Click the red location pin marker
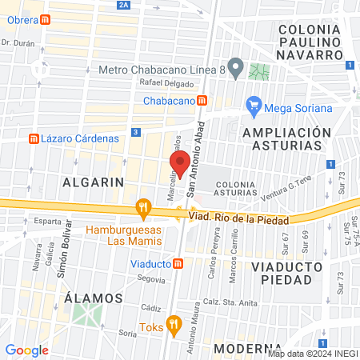point(180,163)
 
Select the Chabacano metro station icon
point(203,101)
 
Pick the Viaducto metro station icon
point(179,263)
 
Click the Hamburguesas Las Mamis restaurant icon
point(144,207)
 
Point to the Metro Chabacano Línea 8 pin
point(235,68)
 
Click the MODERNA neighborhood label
point(242,349)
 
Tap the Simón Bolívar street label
point(60,255)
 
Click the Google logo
point(26,350)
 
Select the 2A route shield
point(122,5)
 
